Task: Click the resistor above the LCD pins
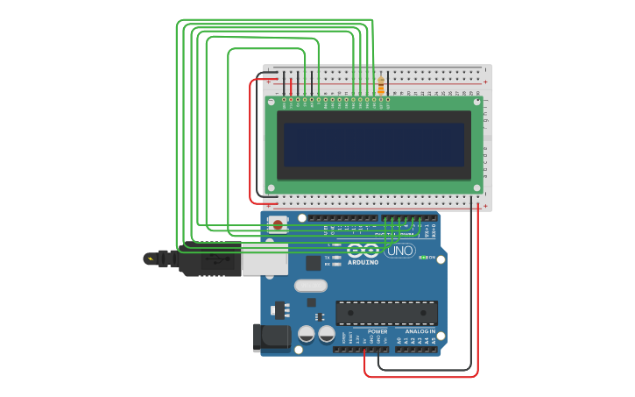coord(380,86)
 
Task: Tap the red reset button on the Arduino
coord(278,224)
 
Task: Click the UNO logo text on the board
coord(400,251)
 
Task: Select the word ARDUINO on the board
coord(363,262)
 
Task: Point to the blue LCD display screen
coord(373,145)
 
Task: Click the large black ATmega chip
coord(386,313)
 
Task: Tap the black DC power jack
coord(272,337)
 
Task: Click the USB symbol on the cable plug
coord(213,259)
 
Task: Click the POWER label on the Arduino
coord(377,332)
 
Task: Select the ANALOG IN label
coord(420,332)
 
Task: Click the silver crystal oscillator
coord(310,285)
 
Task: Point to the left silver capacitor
coord(307,334)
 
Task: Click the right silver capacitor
coord(327,334)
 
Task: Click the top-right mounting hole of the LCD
coord(476,103)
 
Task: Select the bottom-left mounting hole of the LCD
coord(272,188)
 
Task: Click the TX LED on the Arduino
coord(337,257)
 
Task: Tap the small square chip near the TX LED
coord(313,263)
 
